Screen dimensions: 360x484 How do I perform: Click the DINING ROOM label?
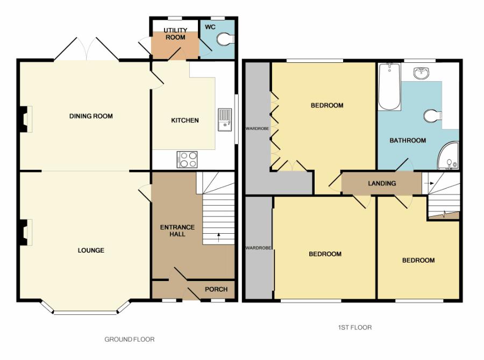tap(91, 116)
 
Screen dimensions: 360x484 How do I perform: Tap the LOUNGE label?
tap(90, 250)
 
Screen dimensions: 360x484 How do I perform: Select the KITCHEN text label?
tap(185, 120)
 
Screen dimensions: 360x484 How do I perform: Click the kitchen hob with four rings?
tap(187, 159)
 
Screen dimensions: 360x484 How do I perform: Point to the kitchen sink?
tap(224, 120)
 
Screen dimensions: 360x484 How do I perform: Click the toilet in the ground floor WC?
tap(225, 39)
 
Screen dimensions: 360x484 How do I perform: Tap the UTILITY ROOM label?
tap(175, 34)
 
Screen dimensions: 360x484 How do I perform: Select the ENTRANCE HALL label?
tap(177, 231)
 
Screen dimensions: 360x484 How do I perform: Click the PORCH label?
tap(216, 289)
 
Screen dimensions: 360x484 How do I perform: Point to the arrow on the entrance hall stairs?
tap(219, 235)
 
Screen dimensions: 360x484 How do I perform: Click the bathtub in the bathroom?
tap(389, 87)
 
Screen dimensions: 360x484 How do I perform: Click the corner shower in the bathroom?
tap(448, 156)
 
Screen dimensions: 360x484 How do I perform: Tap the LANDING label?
tap(382, 183)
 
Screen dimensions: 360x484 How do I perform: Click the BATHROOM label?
tap(408, 140)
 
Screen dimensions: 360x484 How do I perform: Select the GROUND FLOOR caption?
tap(129, 339)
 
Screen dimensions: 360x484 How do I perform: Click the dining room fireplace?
tap(24, 119)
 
